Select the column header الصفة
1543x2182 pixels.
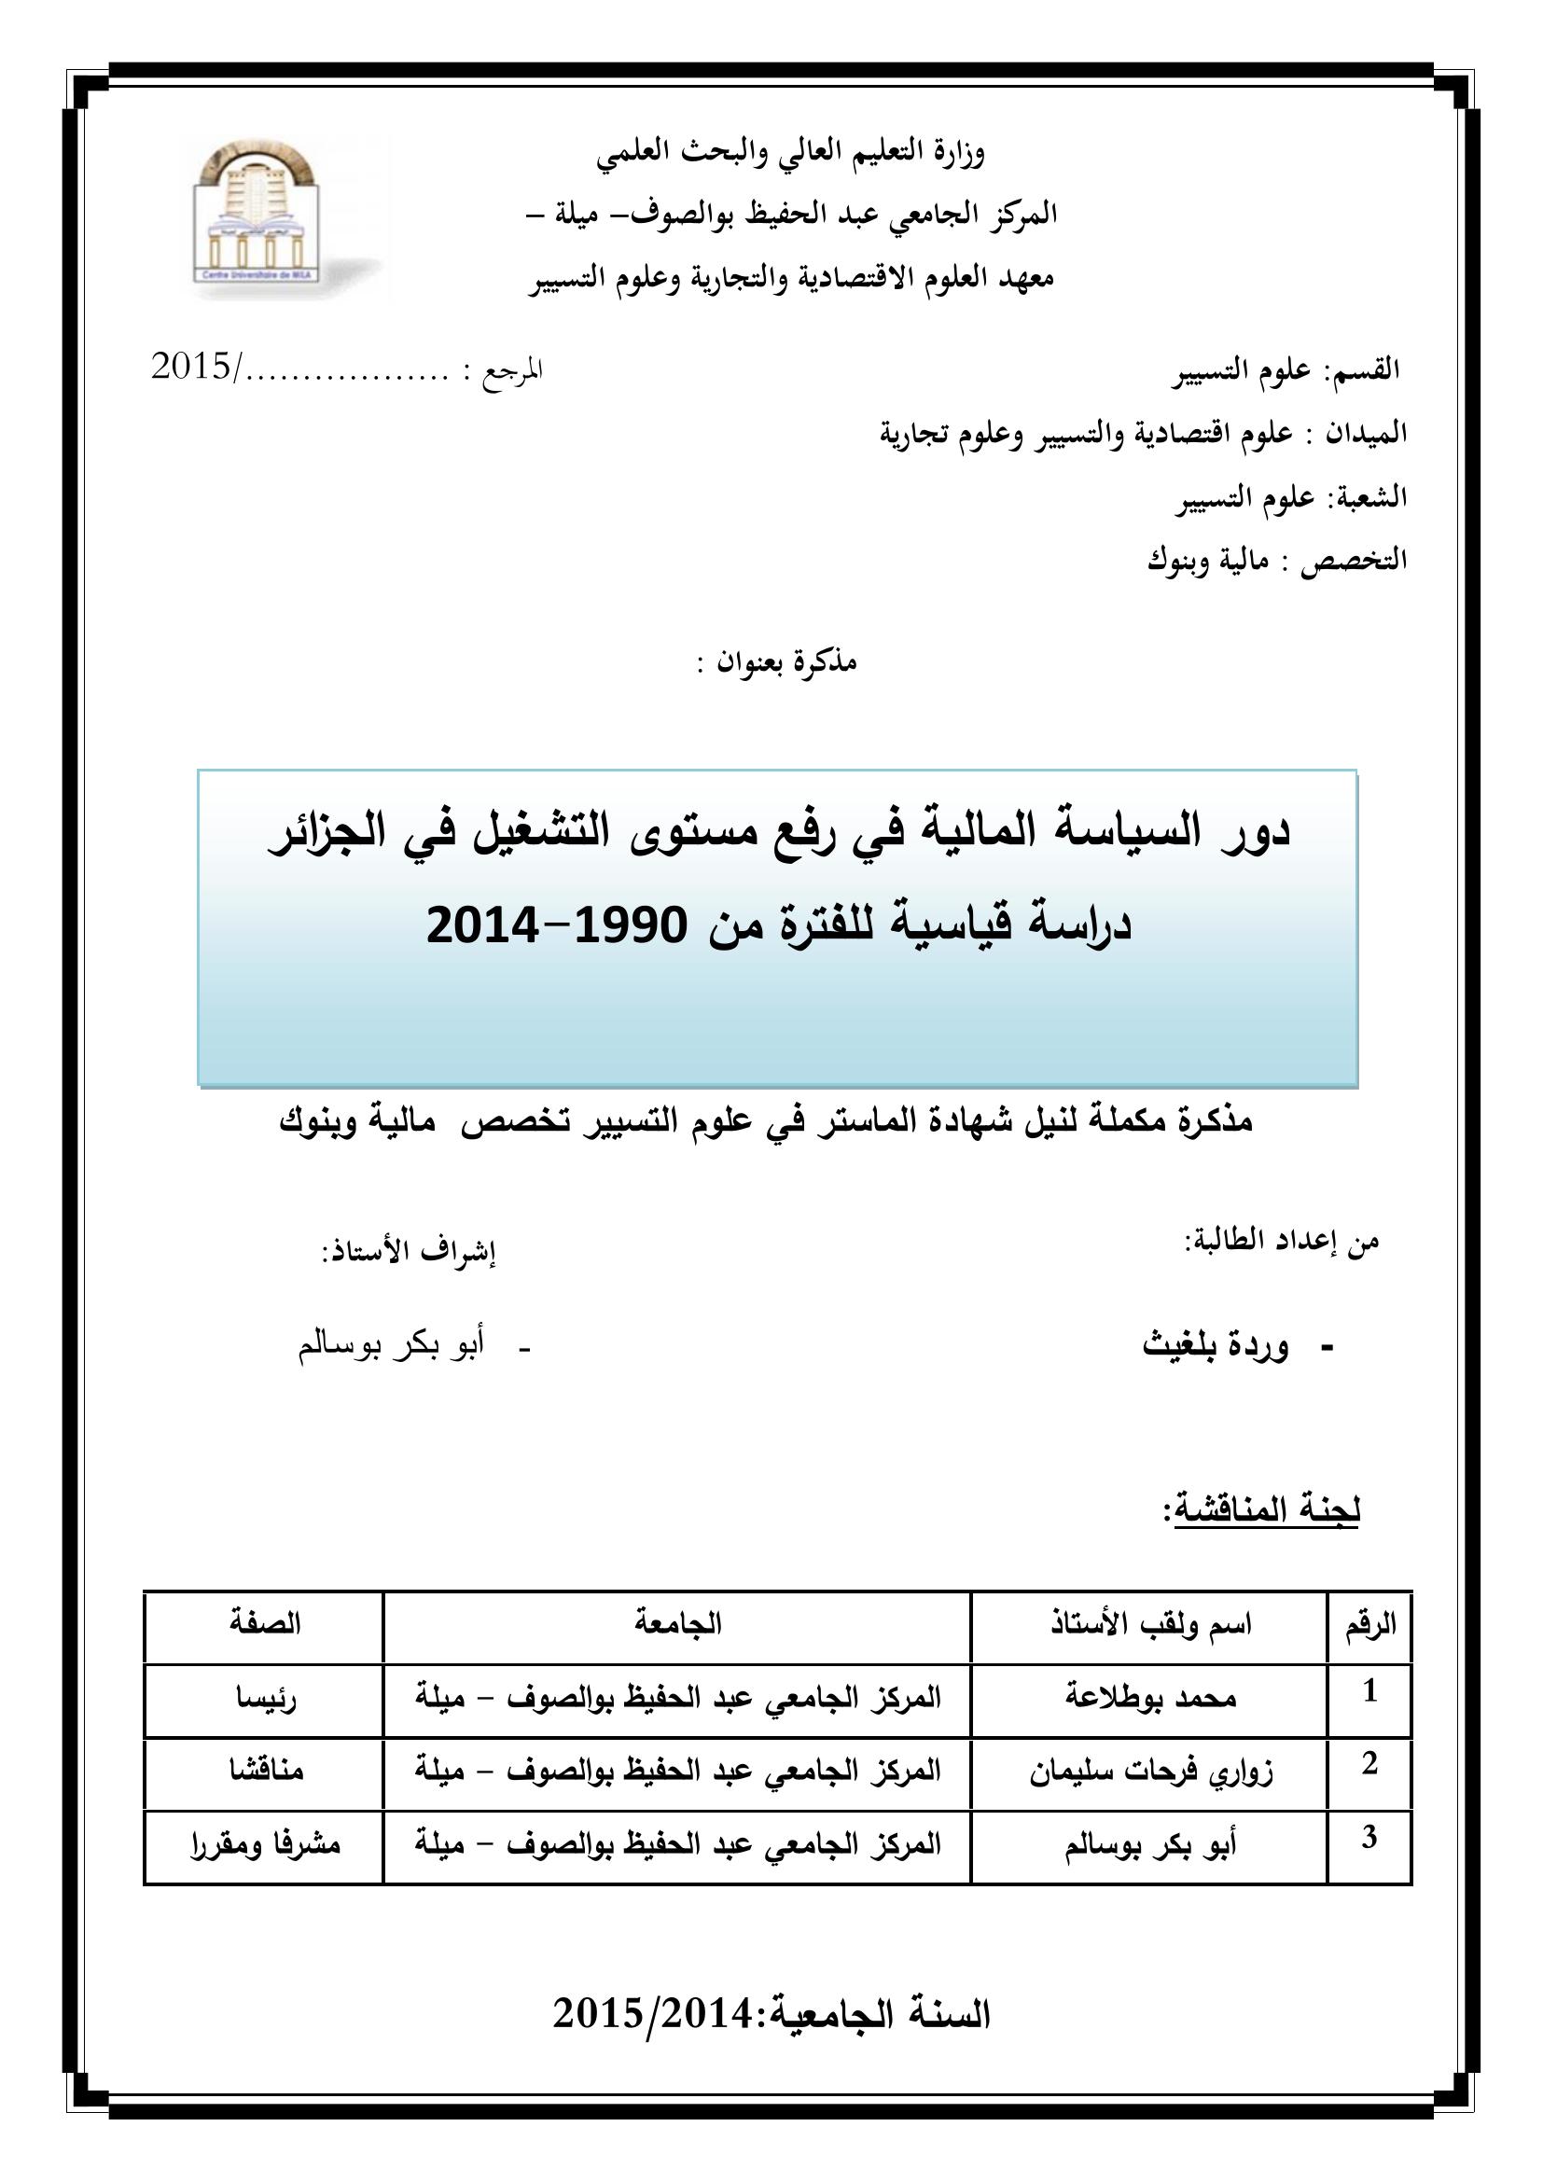pos(264,1624)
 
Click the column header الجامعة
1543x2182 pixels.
pos(677,1624)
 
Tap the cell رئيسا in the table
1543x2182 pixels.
pos(266,1698)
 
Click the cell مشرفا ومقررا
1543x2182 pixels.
pos(265,1844)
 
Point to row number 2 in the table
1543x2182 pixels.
pos(1369,1765)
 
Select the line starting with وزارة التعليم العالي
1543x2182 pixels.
pos(790,153)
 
